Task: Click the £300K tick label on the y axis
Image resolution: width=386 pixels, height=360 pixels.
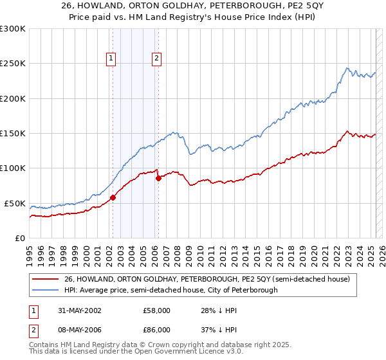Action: click(13, 29)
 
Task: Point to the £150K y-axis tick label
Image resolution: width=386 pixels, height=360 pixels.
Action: click(13, 134)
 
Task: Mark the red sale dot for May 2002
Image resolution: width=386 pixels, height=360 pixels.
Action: click(113, 197)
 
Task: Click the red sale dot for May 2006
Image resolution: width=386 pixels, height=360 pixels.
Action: click(158, 178)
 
